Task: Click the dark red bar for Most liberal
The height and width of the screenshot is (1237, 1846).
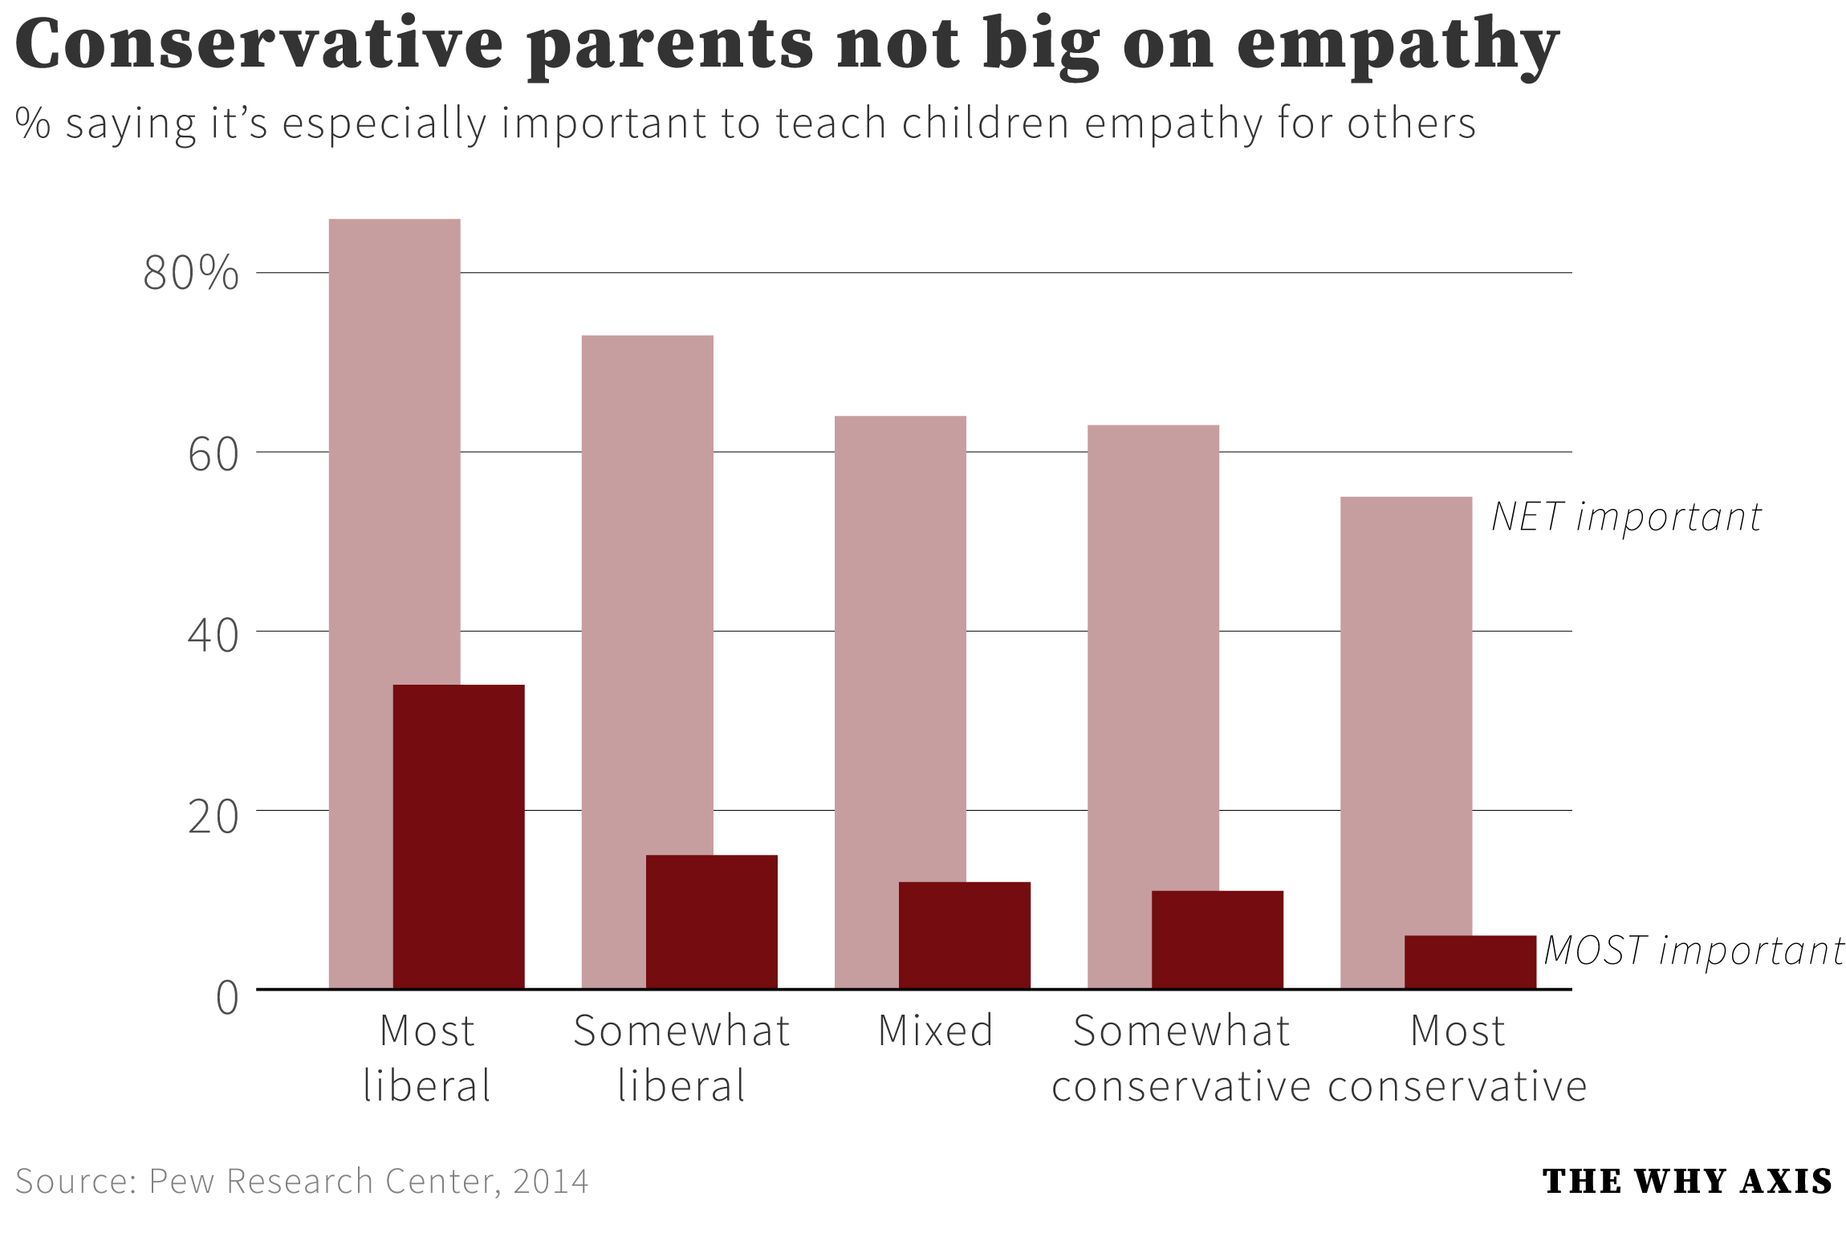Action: (x=458, y=836)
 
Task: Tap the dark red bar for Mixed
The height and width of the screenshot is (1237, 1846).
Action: (x=964, y=935)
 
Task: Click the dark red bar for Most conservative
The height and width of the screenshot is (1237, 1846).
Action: (x=1470, y=962)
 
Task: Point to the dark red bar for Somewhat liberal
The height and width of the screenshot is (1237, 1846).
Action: (x=711, y=922)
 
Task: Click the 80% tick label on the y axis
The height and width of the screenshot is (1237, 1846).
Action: (x=191, y=273)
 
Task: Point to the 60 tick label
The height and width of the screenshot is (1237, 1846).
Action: (x=213, y=454)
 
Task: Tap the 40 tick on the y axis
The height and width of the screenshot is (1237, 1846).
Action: (x=213, y=635)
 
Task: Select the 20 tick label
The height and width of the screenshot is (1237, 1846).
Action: (x=213, y=816)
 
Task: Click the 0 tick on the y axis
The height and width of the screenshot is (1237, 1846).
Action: (x=227, y=998)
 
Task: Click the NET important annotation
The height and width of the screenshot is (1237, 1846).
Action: (x=1625, y=517)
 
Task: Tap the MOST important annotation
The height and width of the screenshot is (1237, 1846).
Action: (x=1694, y=950)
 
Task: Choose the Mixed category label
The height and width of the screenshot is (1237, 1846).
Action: (x=936, y=1031)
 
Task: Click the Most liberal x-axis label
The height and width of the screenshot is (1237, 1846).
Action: (x=427, y=1057)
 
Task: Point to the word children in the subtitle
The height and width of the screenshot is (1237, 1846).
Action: (x=986, y=124)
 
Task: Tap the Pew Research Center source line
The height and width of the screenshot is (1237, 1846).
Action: (x=302, y=1182)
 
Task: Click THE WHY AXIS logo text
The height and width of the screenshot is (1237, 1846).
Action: (x=1687, y=1182)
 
